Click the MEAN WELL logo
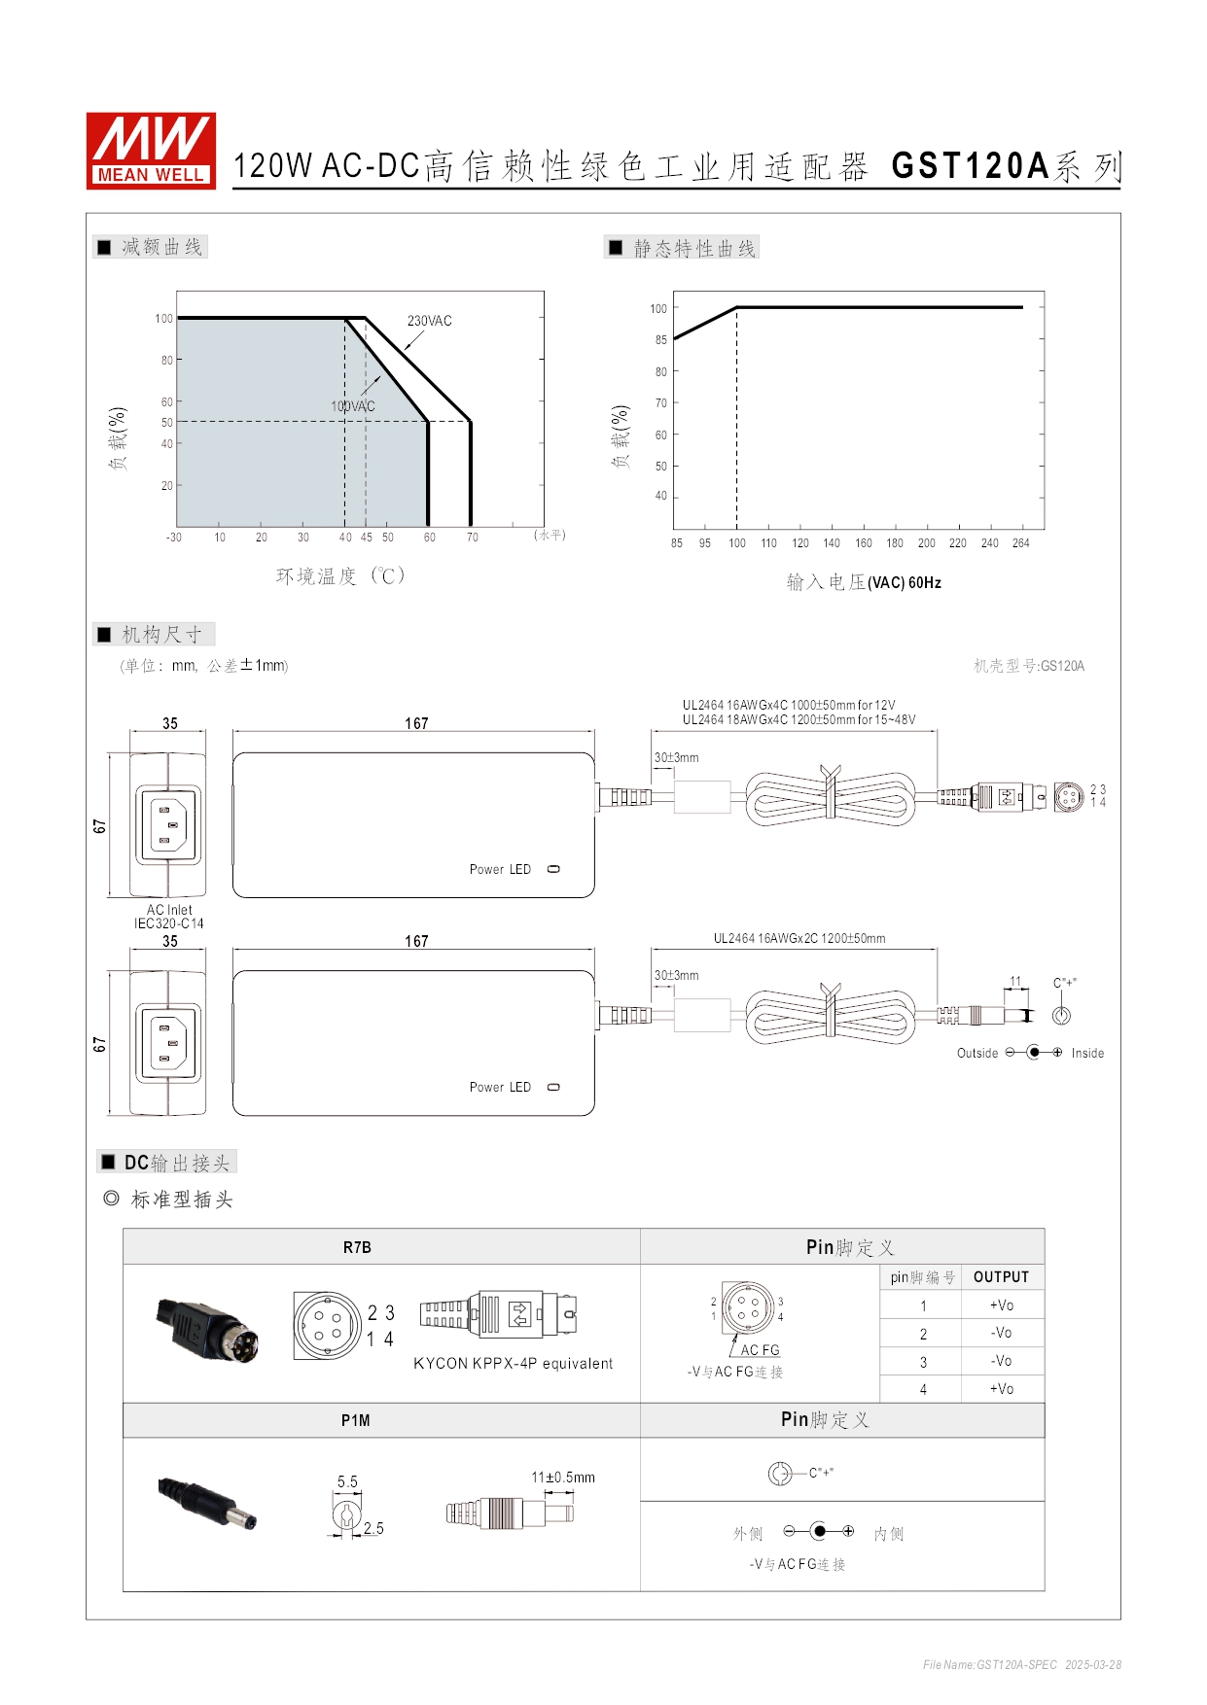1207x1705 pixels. point(151,150)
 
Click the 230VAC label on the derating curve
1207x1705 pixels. point(429,321)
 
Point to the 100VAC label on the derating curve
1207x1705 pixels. point(352,406)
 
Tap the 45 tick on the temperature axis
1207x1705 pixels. point(367,538)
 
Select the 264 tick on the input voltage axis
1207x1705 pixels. point(1020,543)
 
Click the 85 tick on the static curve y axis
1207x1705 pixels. point(661,340)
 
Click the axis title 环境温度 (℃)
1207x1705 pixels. point(340,576)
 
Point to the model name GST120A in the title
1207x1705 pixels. point(971,166)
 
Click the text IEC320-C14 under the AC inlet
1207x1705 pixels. point(169,923)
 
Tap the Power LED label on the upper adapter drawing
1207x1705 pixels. point(500,869)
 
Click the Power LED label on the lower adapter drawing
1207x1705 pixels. point(500,1087)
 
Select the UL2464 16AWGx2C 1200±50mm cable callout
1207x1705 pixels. point(799,938)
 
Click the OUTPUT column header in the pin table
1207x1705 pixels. point(1001,1277)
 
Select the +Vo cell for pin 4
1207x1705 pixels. point(1001,1389)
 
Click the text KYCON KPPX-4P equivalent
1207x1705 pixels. point(513,1364)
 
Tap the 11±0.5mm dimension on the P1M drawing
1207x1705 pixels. point(563,1478)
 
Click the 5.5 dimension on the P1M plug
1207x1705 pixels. point(347,1481)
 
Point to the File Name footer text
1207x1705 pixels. point(1021,1665)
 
